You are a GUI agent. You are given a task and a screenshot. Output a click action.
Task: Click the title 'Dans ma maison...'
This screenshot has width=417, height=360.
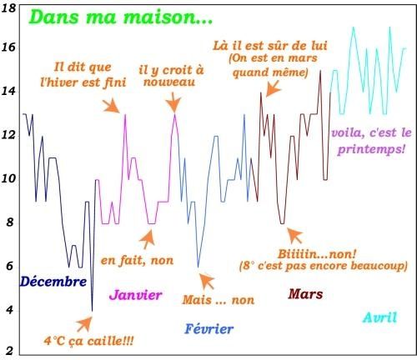[121, 17]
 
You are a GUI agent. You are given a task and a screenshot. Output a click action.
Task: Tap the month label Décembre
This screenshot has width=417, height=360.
[53, 282]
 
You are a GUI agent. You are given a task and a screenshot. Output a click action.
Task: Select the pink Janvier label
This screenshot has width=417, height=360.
[135, 295]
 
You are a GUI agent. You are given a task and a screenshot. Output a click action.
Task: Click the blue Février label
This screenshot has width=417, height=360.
[209, 329]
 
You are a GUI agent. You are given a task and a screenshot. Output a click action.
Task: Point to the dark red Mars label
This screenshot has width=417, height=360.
[305, 294]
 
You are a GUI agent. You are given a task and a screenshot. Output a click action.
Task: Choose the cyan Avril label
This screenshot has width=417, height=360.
[379, 317]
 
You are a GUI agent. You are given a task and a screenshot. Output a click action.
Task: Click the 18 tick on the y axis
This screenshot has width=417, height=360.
[8, 8]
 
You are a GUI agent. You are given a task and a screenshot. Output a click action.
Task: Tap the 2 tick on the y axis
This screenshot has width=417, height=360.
[10, 351]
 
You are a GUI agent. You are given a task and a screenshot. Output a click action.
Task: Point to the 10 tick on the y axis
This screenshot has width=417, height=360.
[8, 178]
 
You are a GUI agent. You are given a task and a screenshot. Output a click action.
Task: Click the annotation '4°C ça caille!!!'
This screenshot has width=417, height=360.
[88, 341]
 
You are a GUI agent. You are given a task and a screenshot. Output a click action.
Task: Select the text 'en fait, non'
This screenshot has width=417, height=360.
[137, 260]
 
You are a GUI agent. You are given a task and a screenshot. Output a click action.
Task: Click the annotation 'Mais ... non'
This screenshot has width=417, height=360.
[219, 300]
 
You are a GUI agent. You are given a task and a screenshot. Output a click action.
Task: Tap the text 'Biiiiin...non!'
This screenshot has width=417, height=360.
[317, 254]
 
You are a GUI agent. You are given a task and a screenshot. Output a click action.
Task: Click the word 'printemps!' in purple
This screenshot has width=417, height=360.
[371, 149]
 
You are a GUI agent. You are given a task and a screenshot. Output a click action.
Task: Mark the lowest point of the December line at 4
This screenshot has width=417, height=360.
[92, 311]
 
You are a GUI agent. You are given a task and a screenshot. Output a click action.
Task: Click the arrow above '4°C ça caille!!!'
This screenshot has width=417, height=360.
[84, 324]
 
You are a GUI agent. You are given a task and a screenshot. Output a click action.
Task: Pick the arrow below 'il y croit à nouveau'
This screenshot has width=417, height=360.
[173, 102]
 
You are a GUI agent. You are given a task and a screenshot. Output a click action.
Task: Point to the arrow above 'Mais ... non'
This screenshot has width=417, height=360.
[207, 281]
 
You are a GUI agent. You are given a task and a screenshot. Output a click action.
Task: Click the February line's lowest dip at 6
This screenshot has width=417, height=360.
[198, 267]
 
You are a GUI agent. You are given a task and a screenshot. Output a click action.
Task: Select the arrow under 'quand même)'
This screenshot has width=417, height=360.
[274, 88]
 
